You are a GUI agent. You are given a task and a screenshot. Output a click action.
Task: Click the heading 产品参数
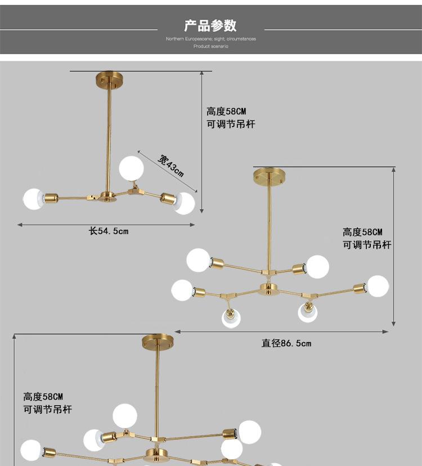[x=210, y=25]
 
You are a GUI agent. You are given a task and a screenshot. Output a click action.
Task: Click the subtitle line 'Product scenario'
[x=210, y=47]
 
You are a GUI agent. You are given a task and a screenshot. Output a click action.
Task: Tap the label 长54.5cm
[x=109, y=231]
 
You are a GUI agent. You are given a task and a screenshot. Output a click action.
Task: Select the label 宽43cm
[x=170, y=165]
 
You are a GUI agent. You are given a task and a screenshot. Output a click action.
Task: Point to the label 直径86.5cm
[x=286, y=343]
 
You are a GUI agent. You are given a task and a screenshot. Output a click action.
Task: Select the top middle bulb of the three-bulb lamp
[x=131, y=167]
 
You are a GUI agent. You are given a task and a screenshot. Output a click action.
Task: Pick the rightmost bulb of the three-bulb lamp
[x=183, y=203]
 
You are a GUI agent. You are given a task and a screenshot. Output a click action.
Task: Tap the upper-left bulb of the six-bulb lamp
[x=198, y=260]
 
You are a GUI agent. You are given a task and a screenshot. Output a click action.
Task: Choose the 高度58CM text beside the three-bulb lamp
[x=226, y=111]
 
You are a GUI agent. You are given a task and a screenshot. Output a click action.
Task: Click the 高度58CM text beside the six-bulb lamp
[x=362, y=232]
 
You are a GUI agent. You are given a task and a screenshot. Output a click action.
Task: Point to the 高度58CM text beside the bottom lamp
[x=43, y=397]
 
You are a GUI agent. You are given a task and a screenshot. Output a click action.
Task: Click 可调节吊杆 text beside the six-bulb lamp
[x=367, y=245]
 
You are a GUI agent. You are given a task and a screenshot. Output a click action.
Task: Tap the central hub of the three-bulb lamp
[x=107, y=196]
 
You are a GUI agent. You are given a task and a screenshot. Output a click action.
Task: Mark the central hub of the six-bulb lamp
[x=269, y=290]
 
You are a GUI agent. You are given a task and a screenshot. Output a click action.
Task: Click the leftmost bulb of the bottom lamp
[x=31, y=450]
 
